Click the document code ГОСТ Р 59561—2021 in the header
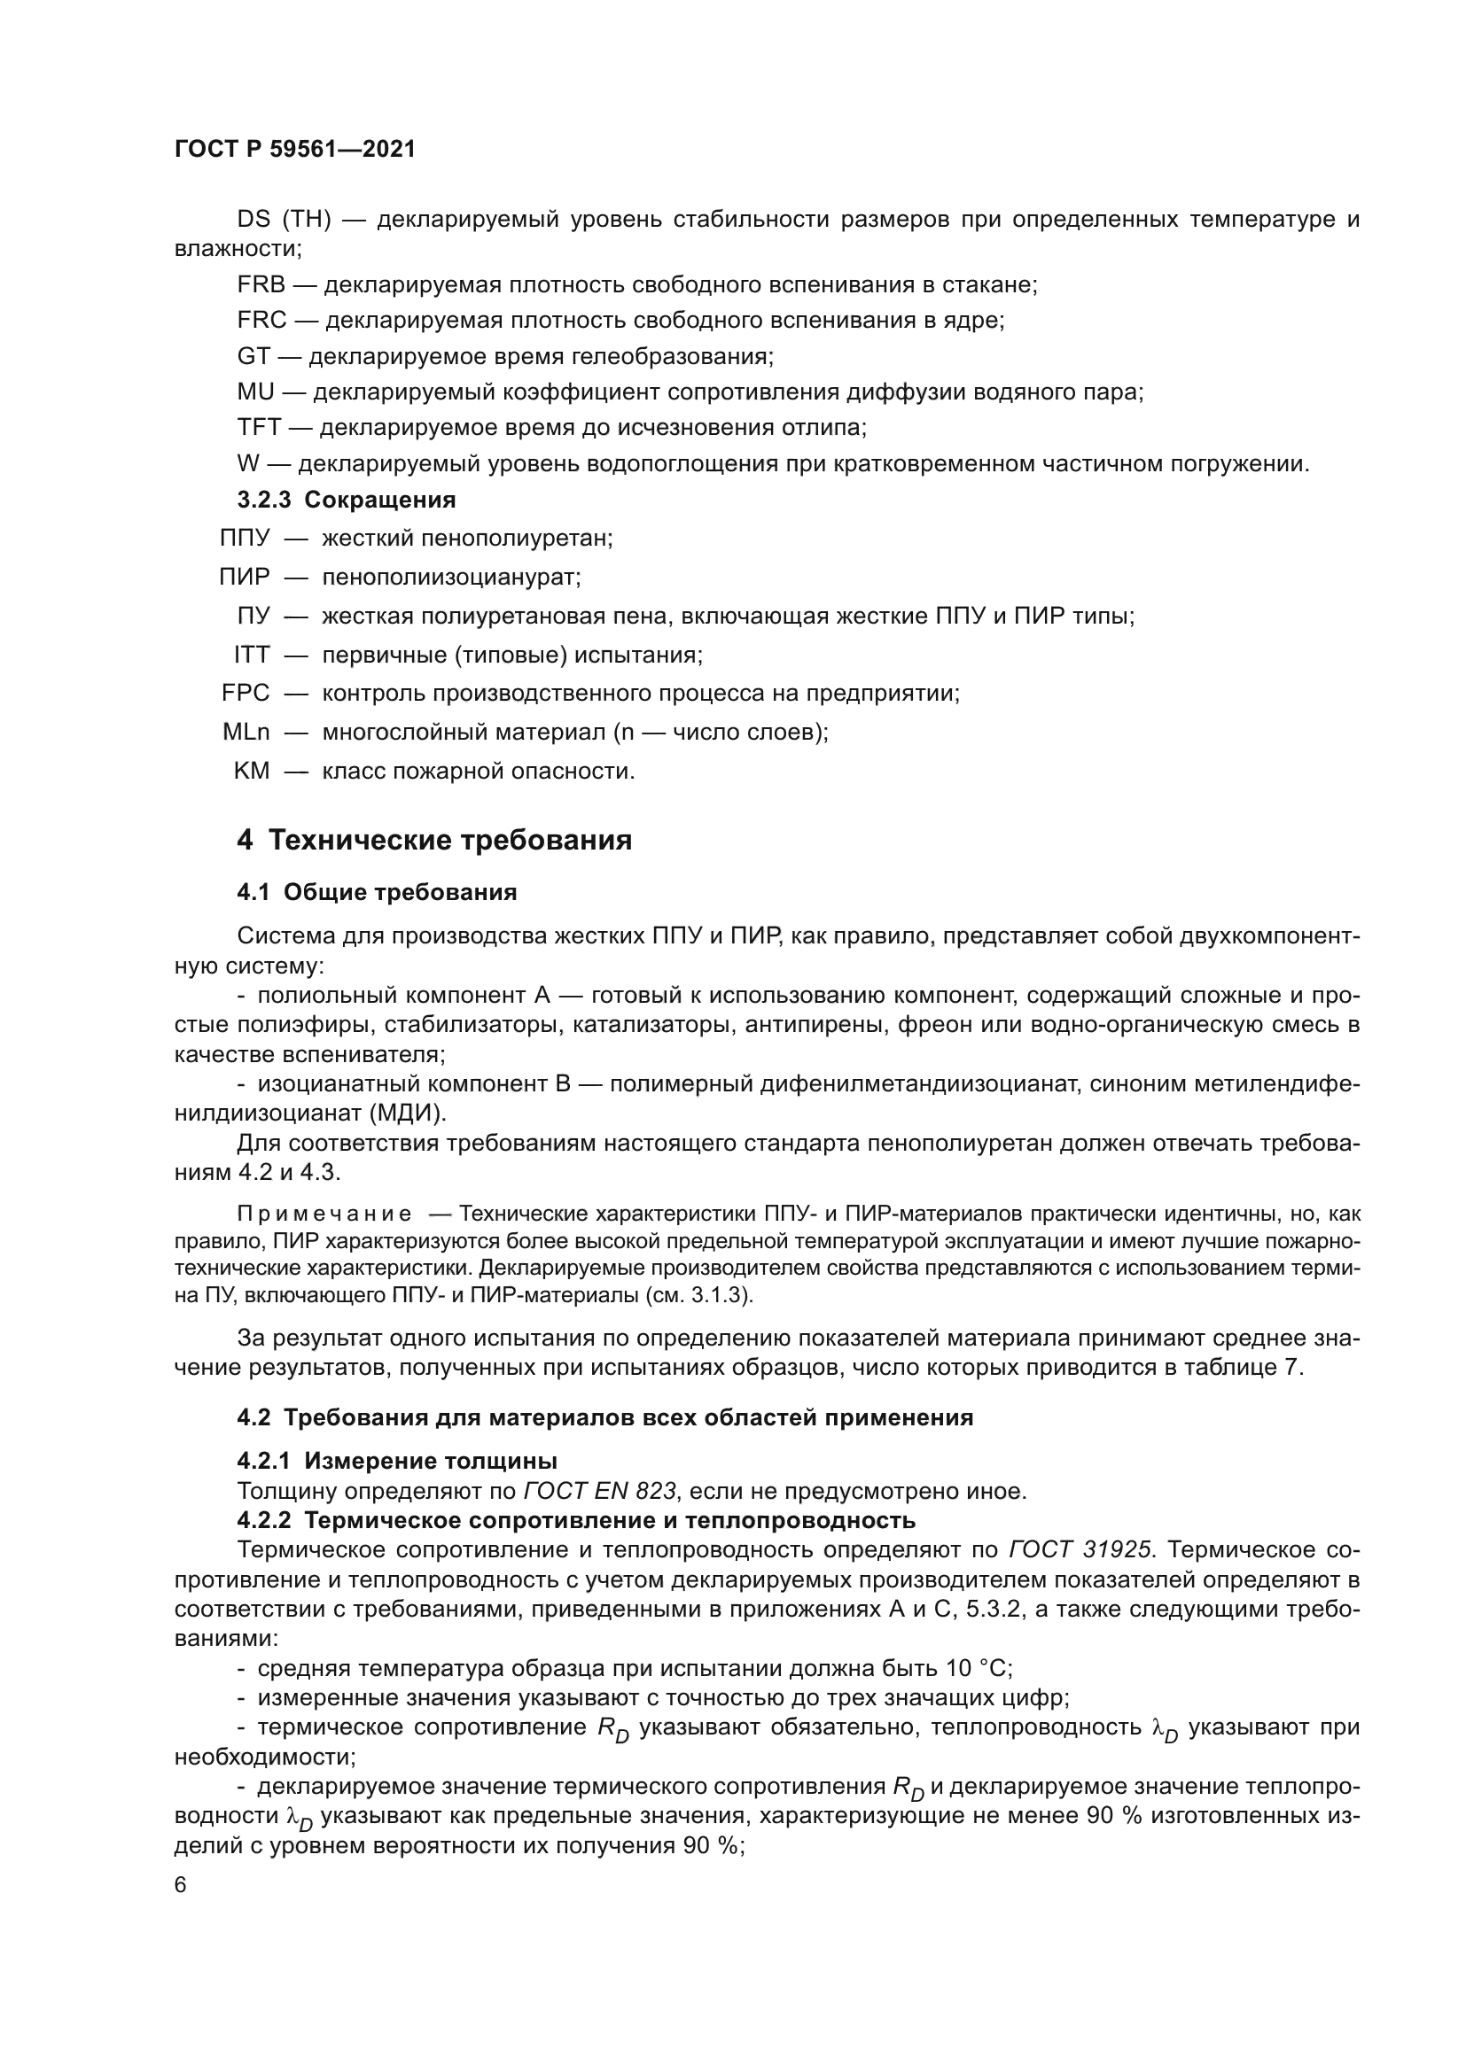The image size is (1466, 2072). pos(294,149)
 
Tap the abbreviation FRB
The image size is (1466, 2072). pos(261,285)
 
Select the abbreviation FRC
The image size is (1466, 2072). pos(261,321)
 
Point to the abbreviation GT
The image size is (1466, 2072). pos(253,356)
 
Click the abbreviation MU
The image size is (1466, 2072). pos(255,392)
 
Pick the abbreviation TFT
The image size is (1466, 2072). pos(259,428)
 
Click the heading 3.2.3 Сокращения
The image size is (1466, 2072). pos(346,500)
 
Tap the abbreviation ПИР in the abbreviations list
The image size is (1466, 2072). pos(245,577)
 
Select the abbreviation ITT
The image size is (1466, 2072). pos(252,655)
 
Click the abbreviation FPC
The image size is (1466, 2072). pos(246,693)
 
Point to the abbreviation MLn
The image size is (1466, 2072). pos(246,732)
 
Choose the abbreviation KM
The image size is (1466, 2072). pos(252,772)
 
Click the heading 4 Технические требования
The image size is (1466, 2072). pos(434,841)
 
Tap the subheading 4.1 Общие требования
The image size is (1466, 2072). pos(377,893)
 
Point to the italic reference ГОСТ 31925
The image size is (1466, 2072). pos(1079,1550)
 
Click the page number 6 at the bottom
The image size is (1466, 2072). pos(181,1886)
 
